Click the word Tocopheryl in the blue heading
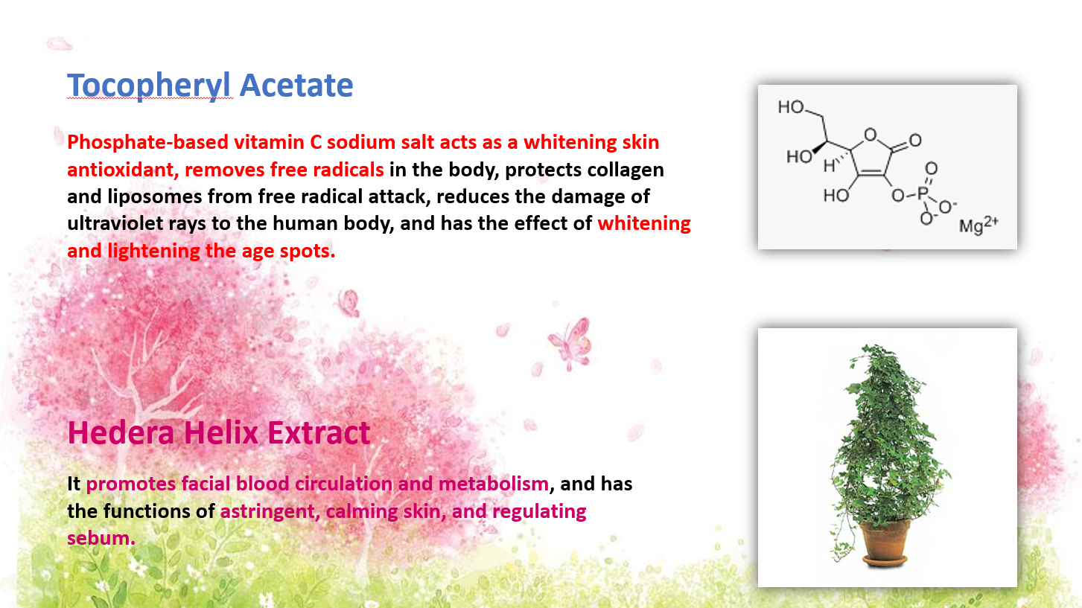tap(149, 86)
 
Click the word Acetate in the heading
tap(296, 85)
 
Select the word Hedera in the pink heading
tap(121, 432)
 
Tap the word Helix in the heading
tap(221, 432)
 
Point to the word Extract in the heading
tap(319, 432)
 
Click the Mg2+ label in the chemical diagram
tap(978, 225)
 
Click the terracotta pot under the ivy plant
tap(885, 543)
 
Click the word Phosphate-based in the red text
tap(147, 143)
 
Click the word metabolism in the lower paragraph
tap(494, 484)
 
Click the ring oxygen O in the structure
tap(871, 135)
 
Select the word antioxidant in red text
tap(123, 170)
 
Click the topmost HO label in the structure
tap(791, 106)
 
